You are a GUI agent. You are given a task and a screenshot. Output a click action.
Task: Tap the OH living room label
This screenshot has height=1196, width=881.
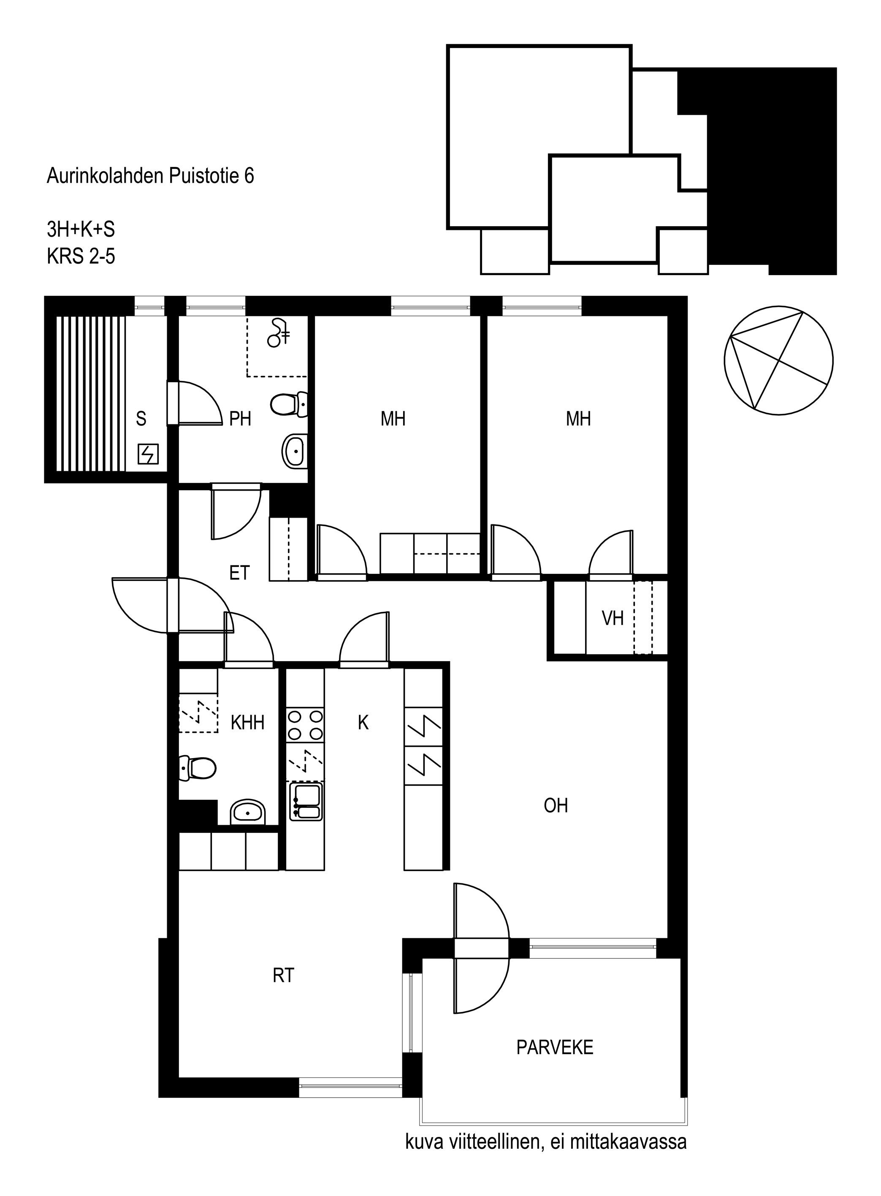pos(555,805)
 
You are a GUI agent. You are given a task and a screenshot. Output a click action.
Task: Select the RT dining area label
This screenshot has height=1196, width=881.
pos(283,975)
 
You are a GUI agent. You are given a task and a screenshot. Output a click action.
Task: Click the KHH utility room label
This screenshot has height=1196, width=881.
pos(247,723)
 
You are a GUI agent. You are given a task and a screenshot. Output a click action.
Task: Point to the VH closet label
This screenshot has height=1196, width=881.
pos(613,618)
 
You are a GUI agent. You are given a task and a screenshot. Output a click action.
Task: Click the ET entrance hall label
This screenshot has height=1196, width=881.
pos(239,573)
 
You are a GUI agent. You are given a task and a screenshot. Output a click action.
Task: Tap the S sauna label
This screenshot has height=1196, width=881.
pos(141,418)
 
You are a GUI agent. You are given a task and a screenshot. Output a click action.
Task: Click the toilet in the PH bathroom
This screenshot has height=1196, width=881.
pos(289,404)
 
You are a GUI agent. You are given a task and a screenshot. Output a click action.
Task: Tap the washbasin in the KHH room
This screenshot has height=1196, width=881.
pos(248,812)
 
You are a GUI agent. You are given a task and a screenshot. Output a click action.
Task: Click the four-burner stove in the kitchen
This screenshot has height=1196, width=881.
pos(305,725)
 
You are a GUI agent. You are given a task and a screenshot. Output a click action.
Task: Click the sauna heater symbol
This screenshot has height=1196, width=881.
pos(148,454)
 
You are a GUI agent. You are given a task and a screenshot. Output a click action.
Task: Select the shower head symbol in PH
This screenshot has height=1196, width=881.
pos(279,332)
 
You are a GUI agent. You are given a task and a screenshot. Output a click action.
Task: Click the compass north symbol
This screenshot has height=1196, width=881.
pos(778,360)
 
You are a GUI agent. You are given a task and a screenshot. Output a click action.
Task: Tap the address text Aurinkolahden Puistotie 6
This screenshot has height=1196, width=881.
pos(150,176)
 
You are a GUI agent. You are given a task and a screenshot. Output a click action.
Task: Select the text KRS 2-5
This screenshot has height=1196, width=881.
pos(81,256)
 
